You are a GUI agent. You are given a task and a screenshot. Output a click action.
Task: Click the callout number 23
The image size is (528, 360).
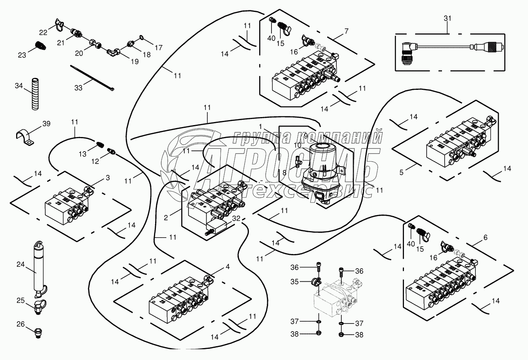coord(22,55)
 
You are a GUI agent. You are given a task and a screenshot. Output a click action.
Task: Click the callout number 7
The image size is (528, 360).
coord(346,31)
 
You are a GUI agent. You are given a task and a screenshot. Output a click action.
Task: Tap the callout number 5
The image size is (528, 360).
coord(401,173)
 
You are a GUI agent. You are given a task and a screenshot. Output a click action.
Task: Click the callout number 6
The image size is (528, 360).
coord(485,238)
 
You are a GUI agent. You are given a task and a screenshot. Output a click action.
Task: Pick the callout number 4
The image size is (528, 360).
coord(228,266)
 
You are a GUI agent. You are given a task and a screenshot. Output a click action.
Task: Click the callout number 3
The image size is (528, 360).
coord(108,178)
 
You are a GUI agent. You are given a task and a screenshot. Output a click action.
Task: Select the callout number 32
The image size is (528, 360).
coord(236,218)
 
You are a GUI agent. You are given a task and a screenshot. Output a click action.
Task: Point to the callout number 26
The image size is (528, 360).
coord(20,324)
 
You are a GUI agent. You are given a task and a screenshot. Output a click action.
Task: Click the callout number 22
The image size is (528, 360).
coord(43,32)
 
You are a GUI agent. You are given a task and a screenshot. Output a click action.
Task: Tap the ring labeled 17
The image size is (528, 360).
coord(141,38)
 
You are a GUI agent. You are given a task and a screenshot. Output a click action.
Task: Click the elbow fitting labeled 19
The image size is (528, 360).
coord(113,51)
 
